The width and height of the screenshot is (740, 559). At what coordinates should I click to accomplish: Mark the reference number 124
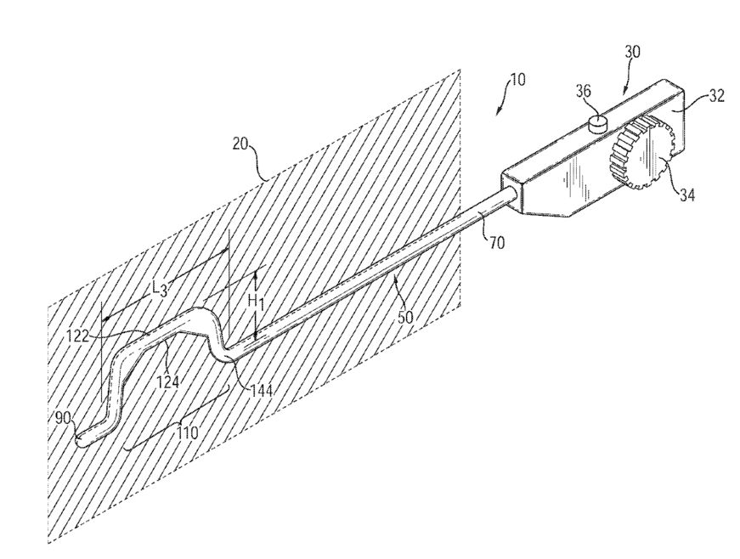coord(167,381)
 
